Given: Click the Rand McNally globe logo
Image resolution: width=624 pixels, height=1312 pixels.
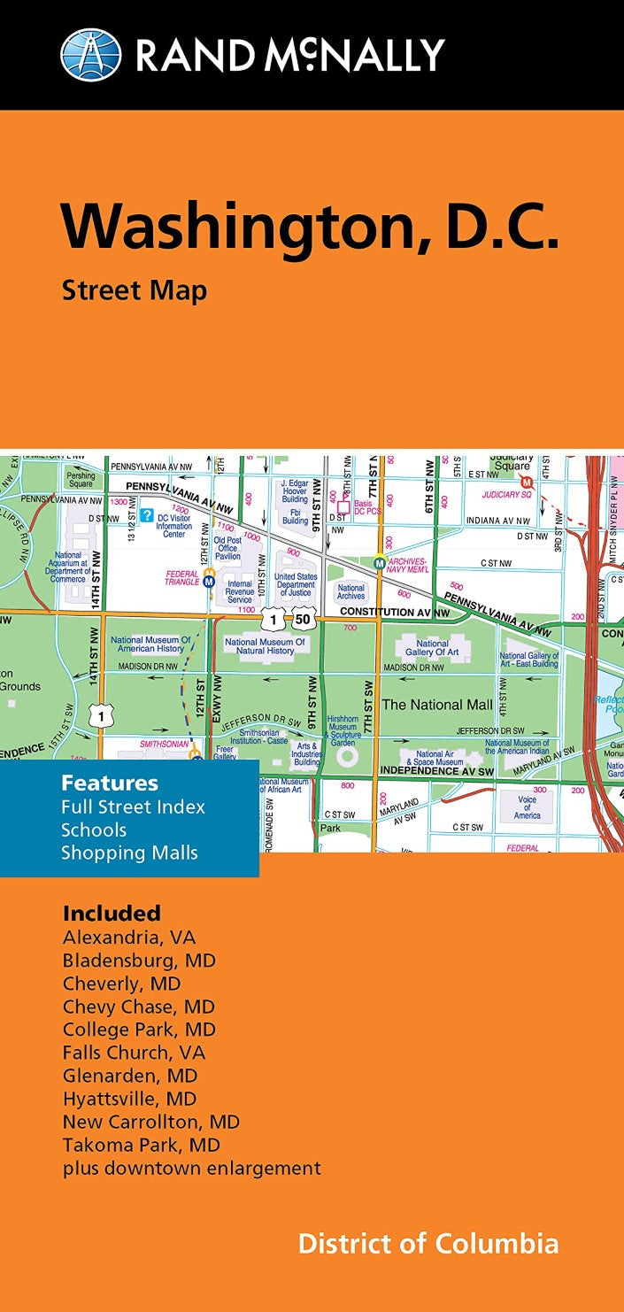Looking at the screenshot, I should pos(90,55).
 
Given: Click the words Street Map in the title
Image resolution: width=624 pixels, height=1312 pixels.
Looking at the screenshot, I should pos(134,289).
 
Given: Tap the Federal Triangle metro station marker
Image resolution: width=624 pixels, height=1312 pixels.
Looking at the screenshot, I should pos(210,581).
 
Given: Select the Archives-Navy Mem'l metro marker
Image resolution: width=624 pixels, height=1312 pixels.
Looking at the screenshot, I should pos(380,561).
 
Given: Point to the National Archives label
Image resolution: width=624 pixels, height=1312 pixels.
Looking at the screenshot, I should pos(351,591).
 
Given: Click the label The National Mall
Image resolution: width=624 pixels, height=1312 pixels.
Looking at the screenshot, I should pos(436,705).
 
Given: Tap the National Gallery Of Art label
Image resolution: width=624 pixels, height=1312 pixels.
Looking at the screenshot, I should pos(433,648).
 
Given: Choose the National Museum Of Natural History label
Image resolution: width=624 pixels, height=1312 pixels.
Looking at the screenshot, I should pos(266,646).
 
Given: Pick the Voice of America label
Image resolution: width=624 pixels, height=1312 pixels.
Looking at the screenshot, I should pos(528,807).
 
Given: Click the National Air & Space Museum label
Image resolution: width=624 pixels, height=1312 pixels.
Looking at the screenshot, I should pos(435,758).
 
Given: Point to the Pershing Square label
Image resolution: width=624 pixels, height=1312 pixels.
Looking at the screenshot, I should pos(81,479).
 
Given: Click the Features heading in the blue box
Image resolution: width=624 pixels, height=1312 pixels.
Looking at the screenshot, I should pos(110,783).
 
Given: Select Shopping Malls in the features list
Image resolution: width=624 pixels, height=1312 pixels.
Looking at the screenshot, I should pos(129,853).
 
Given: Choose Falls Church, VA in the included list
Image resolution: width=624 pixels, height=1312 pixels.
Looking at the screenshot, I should pos(134,1053).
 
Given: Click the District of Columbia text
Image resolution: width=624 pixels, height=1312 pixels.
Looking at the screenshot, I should pos(428,1243).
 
